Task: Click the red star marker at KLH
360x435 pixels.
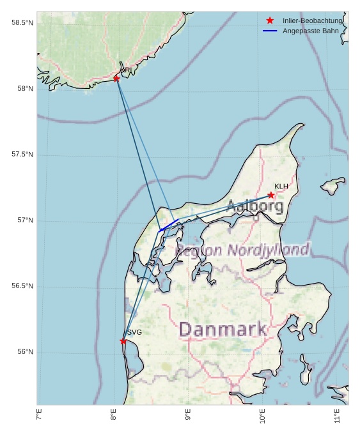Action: (271, 195)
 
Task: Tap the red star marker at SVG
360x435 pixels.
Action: (123, 341)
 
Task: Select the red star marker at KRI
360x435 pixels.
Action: (116, 79)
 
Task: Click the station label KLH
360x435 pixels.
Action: (281, 187)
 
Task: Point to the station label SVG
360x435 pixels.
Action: (134, 332)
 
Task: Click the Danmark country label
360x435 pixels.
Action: (223, 330)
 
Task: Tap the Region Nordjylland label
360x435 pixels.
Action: (243, 250)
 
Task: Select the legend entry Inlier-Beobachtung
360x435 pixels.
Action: (312, 21)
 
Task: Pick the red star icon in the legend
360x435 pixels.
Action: (270, 21)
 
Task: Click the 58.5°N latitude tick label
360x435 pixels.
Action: (22, 23)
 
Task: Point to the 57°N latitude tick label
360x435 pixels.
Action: (25, 220)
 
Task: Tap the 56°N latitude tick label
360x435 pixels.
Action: (25, 352)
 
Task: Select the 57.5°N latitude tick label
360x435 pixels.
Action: (22, 155)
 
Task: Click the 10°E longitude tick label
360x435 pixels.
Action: (262, 416)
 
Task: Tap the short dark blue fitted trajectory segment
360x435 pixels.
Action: (169, 225)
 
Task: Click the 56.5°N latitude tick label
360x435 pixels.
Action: (22, 286)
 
